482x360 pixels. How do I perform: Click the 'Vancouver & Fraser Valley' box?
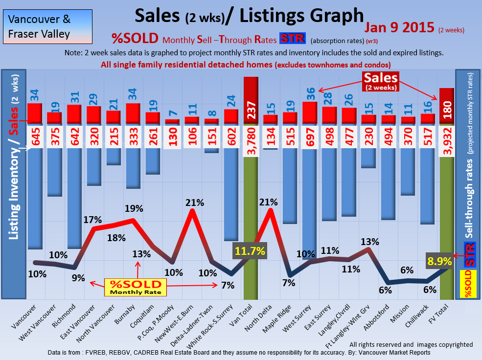pos(40,27)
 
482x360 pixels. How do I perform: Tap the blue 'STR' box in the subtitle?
pos(292,39)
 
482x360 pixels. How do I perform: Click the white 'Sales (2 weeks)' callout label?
pos(380,80)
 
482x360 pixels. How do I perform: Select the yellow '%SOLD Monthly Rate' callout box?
pos(135,287)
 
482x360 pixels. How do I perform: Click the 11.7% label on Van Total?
pos(250,251)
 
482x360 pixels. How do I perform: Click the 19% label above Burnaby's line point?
pos(134,208)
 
